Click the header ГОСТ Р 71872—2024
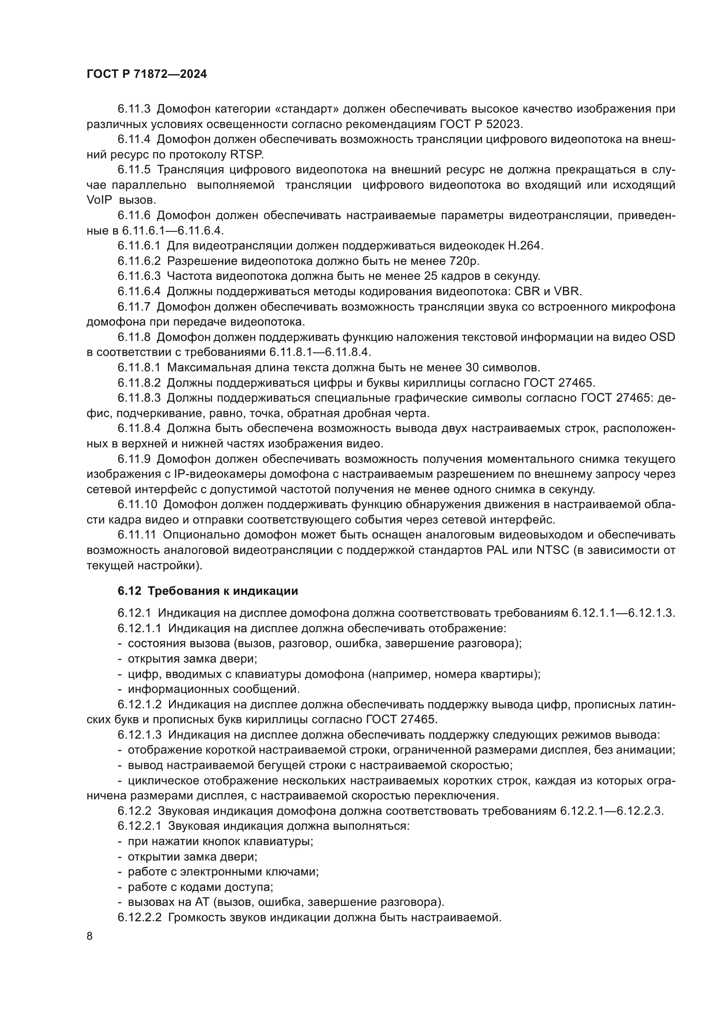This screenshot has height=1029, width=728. (x=147, y=74)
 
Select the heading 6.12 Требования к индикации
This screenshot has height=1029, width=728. (x=208, y=591)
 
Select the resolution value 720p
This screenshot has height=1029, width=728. (x=463, y=261)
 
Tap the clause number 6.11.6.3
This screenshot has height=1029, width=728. (x=139, y=276)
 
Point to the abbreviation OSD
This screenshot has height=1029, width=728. (x=661, y=337)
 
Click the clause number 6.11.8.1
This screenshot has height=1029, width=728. (x=139, y=367)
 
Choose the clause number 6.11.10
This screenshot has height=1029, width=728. (x=137, y=504)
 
